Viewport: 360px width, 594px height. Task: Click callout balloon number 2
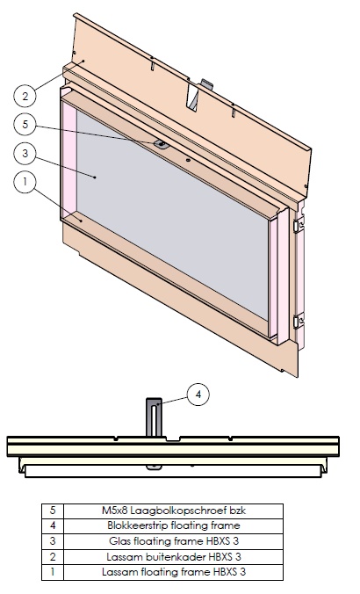click(26, 95)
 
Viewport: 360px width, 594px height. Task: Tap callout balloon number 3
click(26, 152)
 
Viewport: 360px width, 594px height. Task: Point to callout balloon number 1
click(26, 182)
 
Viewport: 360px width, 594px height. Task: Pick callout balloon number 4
click(198, 395)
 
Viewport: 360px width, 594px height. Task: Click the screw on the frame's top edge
click(162, 142)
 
